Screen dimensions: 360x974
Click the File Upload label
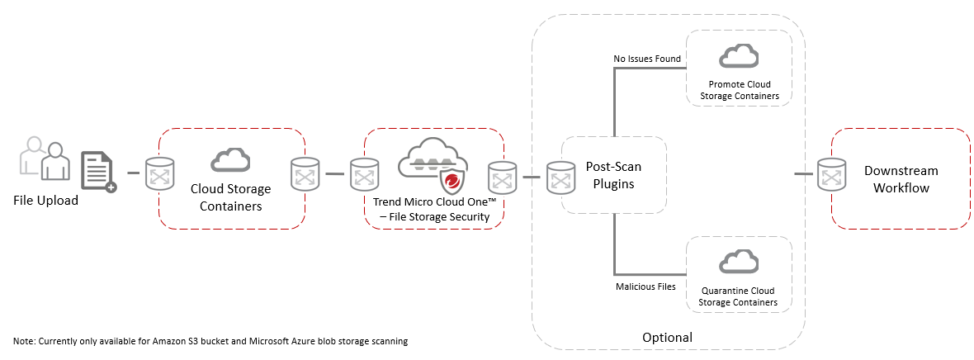[x=45, y=200]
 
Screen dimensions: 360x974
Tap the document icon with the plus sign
[x=98, y=171]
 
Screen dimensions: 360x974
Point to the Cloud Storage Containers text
[x=231, y=198]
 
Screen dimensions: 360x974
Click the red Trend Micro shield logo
[x=451, y=183]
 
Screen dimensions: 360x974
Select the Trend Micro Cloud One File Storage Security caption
[x=434, y=209]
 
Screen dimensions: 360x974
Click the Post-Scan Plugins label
[x=613, y=175]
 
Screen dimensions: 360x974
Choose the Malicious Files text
[x=645, y=287]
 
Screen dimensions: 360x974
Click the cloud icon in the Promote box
[x=739, y=57]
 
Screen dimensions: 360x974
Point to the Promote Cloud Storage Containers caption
[x=739, y=91]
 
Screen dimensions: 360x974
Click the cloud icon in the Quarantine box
[x=739, y=261]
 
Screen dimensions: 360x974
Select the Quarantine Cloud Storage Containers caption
[x=739, y=296]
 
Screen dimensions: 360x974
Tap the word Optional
[x=667, y=337]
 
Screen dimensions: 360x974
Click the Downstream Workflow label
[x=901, y=179]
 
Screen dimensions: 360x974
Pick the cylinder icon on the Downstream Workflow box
[x=830, y=174]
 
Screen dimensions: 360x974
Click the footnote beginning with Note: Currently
[x=210, y=340]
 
